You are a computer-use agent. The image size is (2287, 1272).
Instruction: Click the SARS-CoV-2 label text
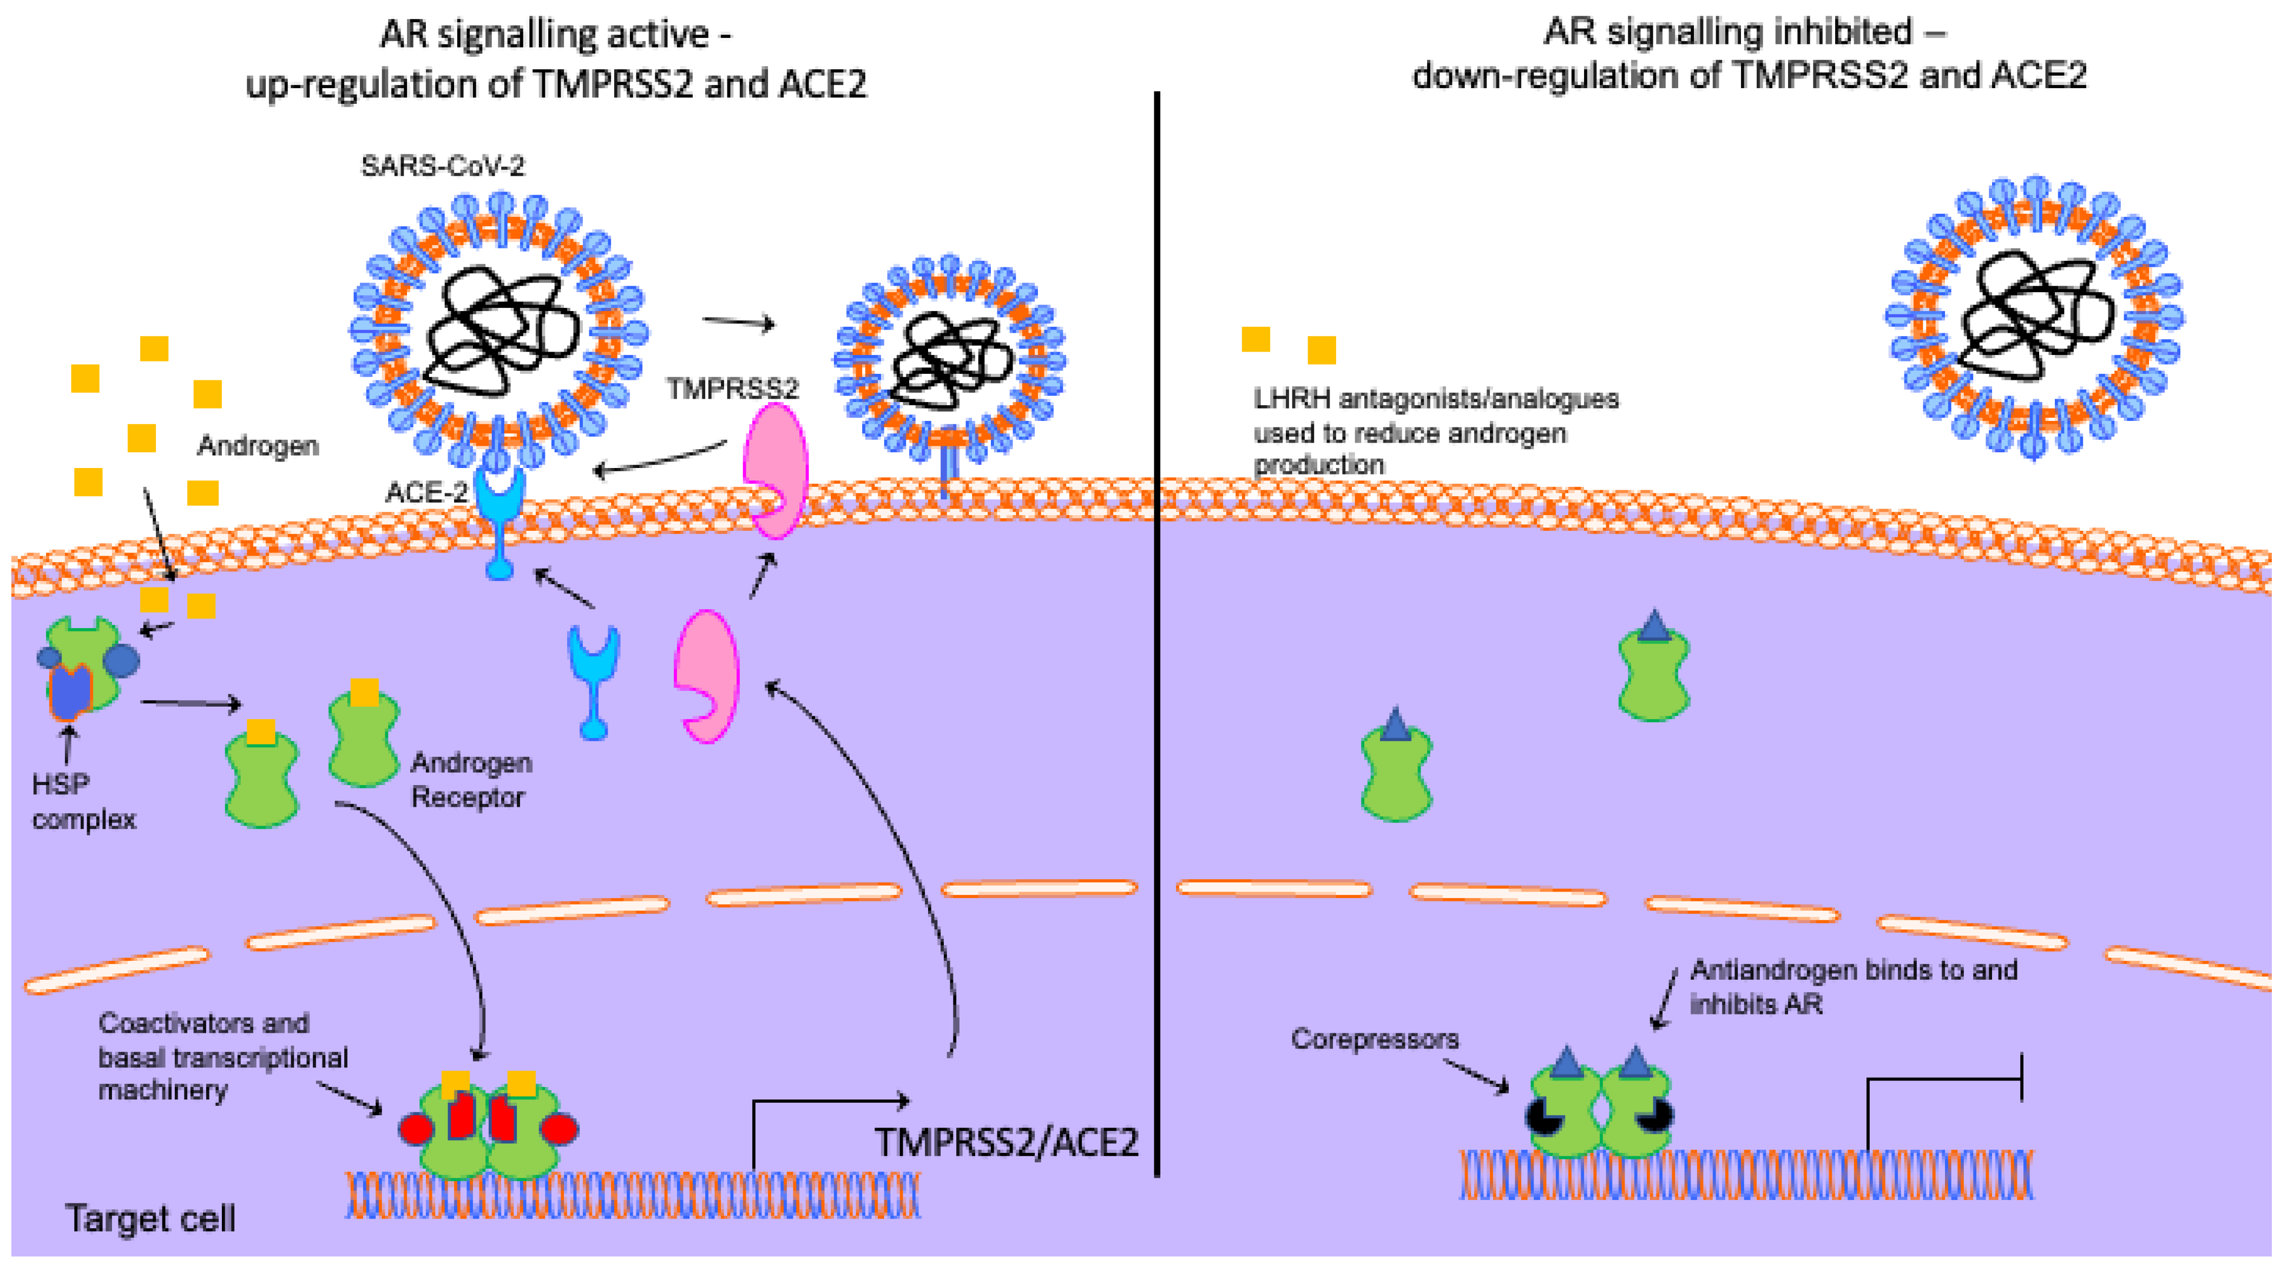tap(442, 166)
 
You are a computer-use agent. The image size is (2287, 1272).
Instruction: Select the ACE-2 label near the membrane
tap(425, 493)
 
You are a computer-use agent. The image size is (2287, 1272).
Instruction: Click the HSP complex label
tap(83, 801)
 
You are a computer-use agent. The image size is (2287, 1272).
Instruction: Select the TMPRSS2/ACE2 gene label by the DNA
tap(1006, 1142)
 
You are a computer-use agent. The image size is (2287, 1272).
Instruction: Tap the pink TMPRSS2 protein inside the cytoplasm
tap(707, 675)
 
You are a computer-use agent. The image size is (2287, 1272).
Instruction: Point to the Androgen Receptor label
tap(470, 779)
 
